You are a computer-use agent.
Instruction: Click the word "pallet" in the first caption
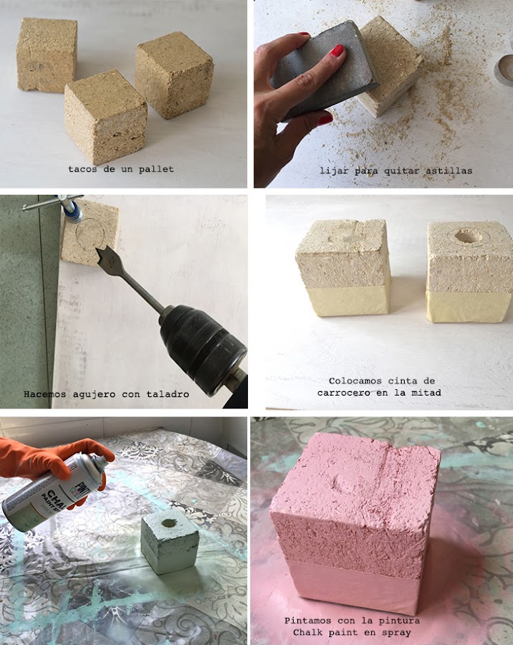point(156,169)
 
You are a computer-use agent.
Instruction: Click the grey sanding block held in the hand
point(324,71)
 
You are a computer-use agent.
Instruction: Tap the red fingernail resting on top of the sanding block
point(337,51)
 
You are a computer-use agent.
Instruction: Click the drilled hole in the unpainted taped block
point(469,236)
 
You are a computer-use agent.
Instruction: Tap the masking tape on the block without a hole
point(348,300)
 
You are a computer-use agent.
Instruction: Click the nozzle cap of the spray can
point(98,464)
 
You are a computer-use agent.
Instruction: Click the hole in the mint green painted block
point(169,523)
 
